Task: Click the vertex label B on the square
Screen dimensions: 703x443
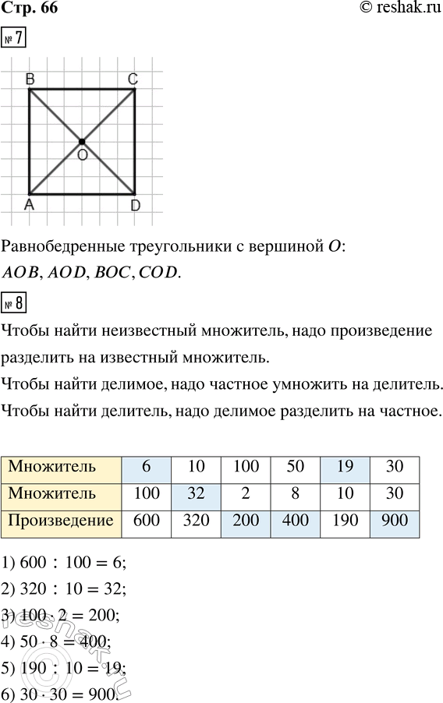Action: coord(29,78)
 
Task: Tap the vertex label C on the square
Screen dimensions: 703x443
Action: coord(133,78)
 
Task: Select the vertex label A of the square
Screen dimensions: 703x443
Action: coord(29,205)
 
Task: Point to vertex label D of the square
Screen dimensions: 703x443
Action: coord(135,205)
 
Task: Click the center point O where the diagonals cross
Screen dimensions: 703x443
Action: coord(81,141)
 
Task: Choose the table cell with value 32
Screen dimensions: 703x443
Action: coord(197,494)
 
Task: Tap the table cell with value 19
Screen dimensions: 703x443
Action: coord(345,468)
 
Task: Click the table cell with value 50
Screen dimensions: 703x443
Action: coord(296,468)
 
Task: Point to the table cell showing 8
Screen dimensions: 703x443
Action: coord(296,494)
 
